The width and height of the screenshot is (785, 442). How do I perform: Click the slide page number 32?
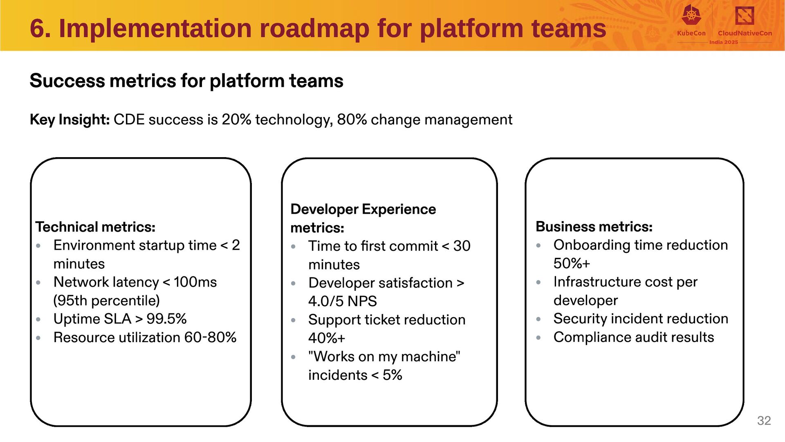[764, 420]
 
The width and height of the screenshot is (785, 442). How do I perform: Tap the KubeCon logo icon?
[691, 15]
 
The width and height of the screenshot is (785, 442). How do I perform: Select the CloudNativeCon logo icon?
[745, 16]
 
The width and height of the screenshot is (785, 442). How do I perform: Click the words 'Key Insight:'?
[70, 120]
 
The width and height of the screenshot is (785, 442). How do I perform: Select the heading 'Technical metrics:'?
[95, 227]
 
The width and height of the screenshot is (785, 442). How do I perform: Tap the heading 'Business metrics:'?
[594, 226]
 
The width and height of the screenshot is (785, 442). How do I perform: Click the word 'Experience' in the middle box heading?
[399, 209]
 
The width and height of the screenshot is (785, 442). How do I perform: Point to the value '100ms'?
[195, 282]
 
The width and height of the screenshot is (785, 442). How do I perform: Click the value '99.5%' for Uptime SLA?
[166, 319]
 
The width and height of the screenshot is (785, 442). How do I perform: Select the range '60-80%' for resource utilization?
[210, 337]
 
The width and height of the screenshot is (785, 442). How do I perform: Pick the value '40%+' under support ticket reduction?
[327, 338]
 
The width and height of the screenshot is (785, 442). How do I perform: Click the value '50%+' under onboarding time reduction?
[572, 263]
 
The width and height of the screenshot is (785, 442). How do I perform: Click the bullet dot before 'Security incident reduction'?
[538, 319]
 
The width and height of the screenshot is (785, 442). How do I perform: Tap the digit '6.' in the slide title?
[40, 29]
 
